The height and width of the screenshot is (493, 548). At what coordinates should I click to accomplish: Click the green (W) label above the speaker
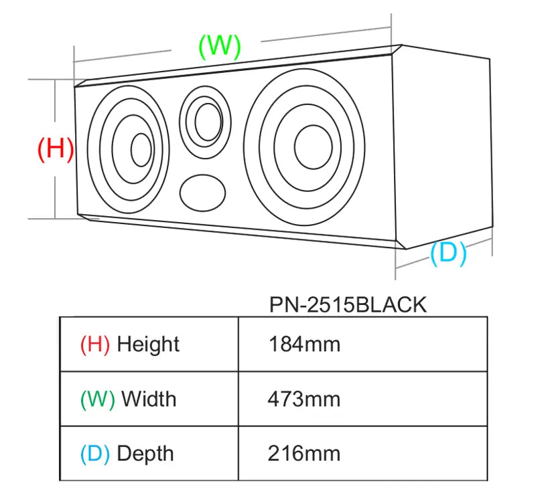click(219, 45)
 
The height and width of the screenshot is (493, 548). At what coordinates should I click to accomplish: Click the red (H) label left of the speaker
click(55, 149)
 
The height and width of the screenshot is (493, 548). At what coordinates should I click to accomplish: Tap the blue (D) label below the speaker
click(448, 254)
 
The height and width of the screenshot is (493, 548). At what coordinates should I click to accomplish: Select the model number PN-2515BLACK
click(347, 305)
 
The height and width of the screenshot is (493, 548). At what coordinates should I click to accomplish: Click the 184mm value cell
click(304, 344)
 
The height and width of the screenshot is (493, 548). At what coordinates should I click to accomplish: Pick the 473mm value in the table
click(304, 399)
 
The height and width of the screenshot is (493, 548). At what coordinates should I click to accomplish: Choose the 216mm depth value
click(304, 454)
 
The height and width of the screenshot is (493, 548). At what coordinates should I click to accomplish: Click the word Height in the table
click(148, 344)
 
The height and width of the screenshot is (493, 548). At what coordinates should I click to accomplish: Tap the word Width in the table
click(149, 399)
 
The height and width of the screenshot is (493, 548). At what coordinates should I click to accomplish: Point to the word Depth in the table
click(145, 454)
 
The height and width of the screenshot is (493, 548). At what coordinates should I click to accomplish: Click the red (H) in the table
click(94, 344)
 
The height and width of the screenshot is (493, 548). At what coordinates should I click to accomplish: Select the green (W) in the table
click(97, 399)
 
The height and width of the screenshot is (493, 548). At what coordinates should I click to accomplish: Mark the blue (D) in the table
click(94, 454)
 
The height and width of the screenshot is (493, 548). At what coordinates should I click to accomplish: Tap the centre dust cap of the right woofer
click(312, 147)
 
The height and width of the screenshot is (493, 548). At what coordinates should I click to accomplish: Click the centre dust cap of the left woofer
click(141, 150)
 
